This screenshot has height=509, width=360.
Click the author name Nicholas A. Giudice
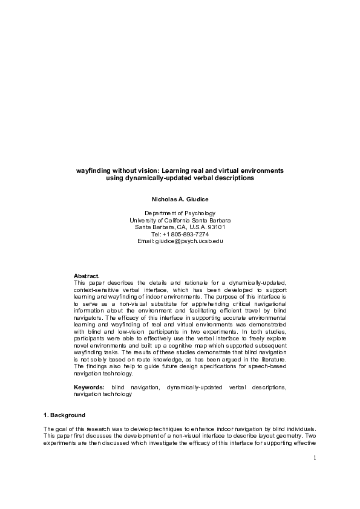[x=180, y=199]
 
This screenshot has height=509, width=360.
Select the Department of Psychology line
[x=180, y=213]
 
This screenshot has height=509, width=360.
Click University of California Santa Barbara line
[x=180, y=221]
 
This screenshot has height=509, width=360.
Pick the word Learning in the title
[x=175, y=171]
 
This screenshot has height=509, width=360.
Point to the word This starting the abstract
[x=80, y=282]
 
